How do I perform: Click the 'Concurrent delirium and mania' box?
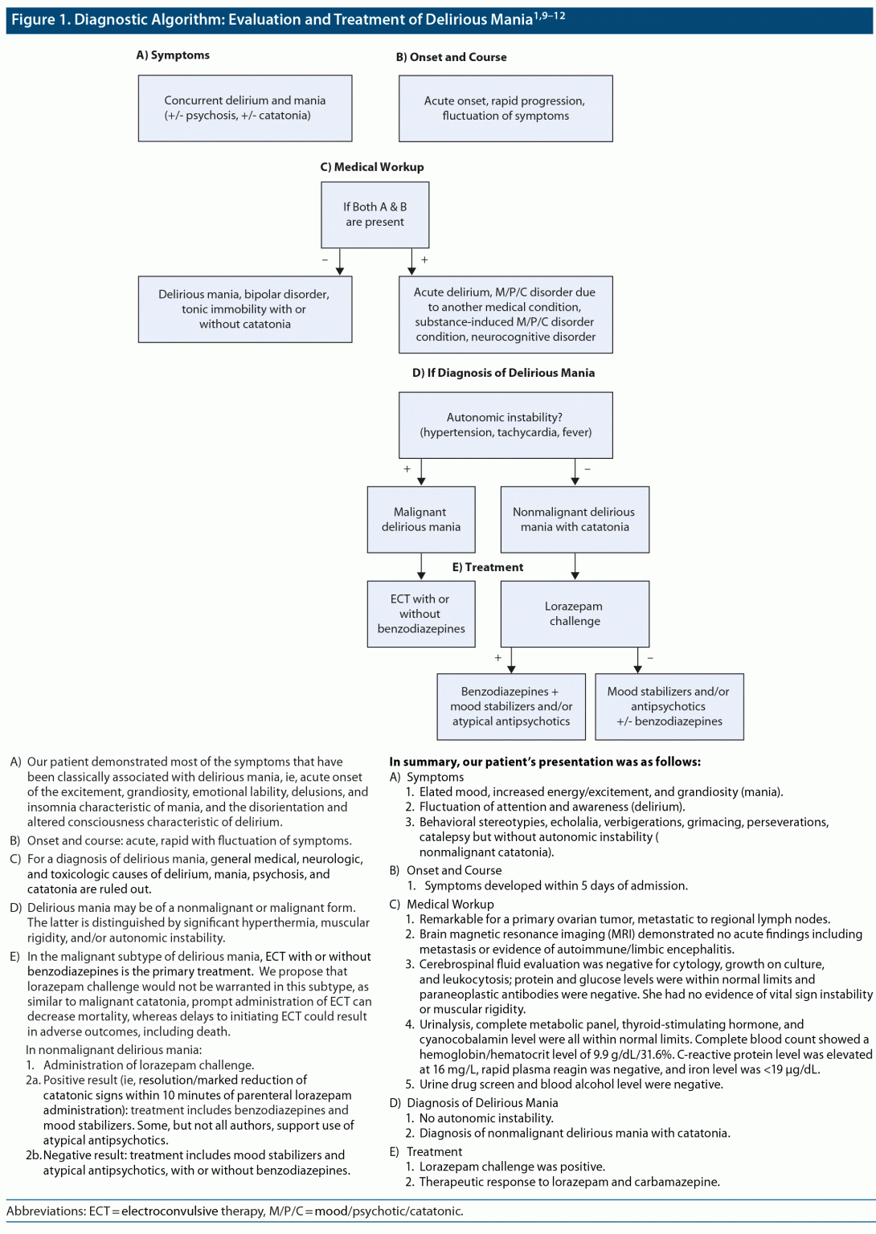[245, 108]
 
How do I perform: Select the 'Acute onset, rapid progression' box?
[506, 108]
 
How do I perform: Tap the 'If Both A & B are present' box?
[375, 215]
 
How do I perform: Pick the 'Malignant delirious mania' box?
[421, 520]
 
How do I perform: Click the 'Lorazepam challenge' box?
[575, 614]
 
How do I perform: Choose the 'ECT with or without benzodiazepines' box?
[421, 615]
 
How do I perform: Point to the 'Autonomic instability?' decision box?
[506, 425]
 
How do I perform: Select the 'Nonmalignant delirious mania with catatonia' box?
[575, 520]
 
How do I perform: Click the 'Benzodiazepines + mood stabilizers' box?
[511, 707]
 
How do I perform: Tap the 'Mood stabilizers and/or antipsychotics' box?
[669, 707]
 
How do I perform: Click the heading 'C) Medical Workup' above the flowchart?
[372, 167]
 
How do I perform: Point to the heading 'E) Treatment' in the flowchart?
[487, 567]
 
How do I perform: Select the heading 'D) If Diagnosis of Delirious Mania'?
[503, 373]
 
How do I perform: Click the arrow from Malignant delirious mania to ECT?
[421, 566]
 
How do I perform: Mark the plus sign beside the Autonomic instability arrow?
[407, 469]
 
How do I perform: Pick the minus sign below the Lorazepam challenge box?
[650, 658]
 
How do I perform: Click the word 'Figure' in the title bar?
[33, 20]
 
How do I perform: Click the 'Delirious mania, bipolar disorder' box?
[245, 309]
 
